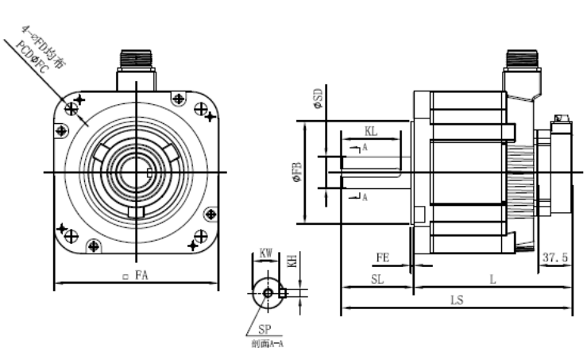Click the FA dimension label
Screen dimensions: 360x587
(x=141, y=276)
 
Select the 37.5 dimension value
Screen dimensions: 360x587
(x=555, y=258)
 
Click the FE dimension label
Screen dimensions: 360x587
(x=382, y=257)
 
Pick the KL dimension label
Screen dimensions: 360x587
(x=371, y=130)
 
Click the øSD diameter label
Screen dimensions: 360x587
(x=318, y=98)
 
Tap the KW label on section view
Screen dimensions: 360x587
(x=267, y=254)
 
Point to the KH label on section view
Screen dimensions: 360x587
(x=292, y=261)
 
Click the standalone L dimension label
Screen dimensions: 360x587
(x=492, y=279)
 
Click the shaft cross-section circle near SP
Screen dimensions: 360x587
(x=267, y=293)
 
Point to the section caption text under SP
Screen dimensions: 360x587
(x=267, y=343)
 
